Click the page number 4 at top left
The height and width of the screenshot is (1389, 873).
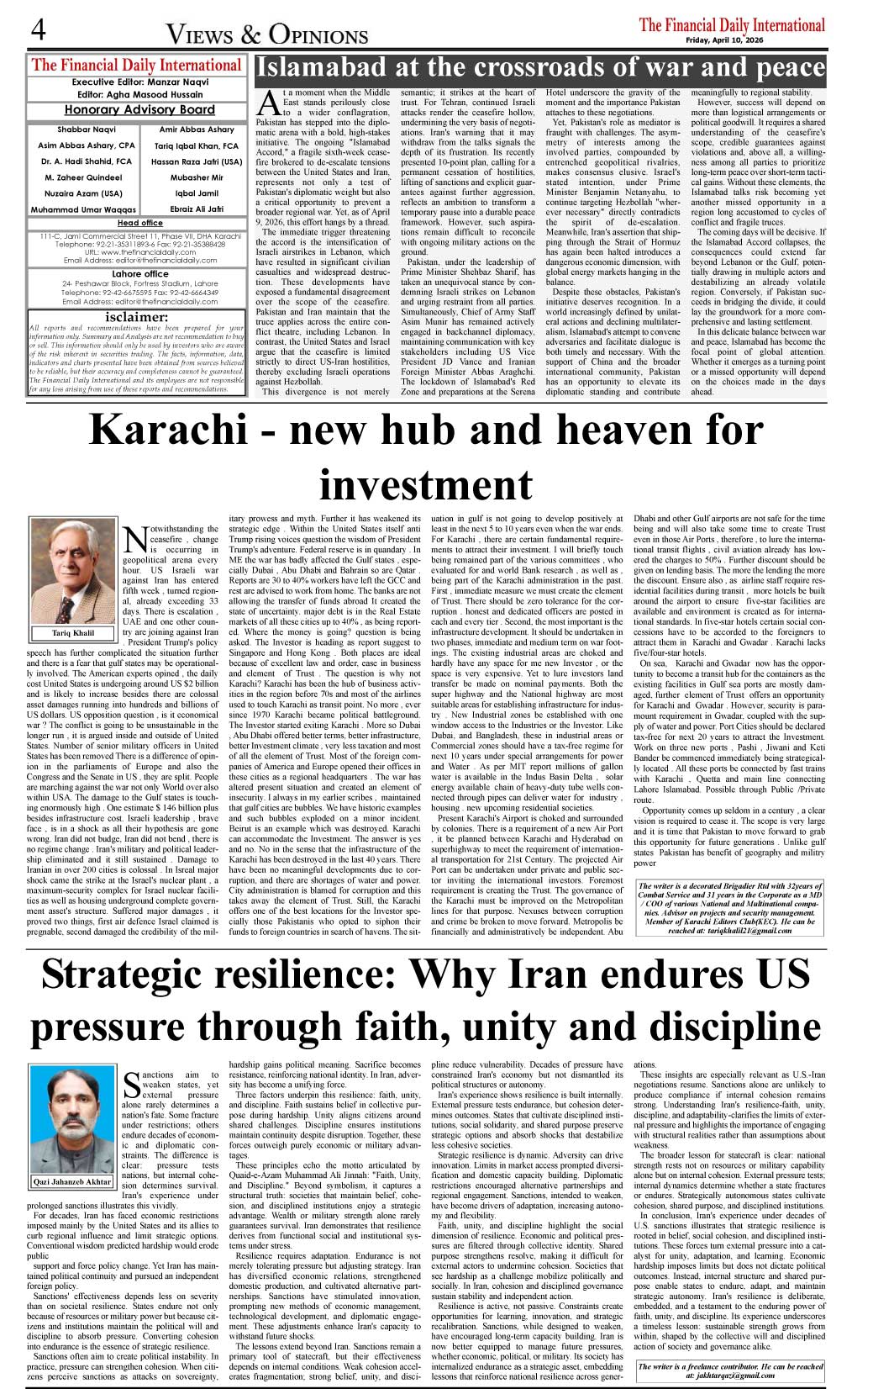click(38, 30)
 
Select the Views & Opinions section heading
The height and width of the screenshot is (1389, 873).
click(267, 34)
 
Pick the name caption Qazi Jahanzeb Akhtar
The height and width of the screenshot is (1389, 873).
click(72, 1181)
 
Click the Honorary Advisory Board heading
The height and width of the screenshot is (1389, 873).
click(139, 110)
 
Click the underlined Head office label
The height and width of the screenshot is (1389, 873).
click(139, 223)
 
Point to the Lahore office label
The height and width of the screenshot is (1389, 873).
click(139, 274)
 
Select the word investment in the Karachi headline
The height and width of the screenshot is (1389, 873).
click(426, 483)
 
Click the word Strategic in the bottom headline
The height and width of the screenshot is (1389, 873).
click(134, 974)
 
